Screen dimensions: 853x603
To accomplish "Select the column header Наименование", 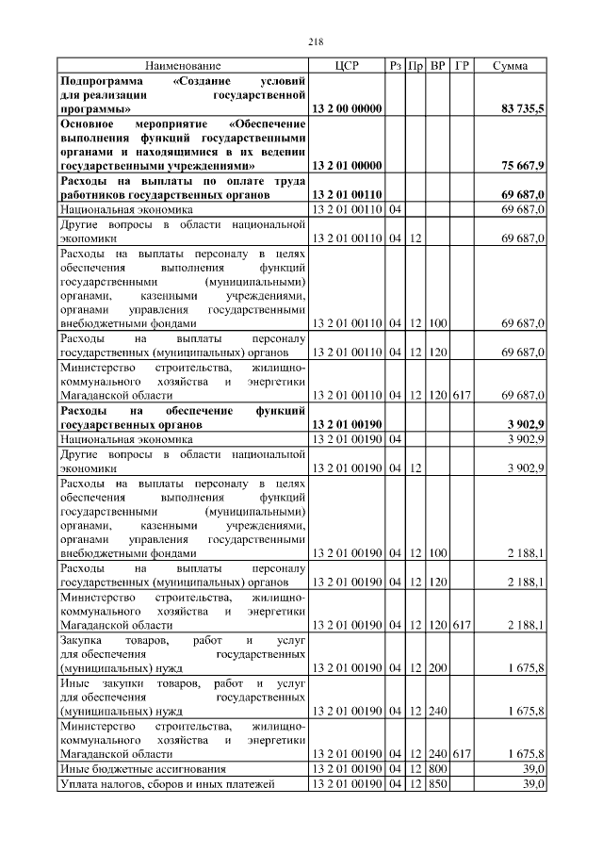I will coord(183,66).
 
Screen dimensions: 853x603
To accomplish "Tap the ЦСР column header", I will coord(347,66).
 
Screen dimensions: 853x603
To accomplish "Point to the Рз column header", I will coord(396,66).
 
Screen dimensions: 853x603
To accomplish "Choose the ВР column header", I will coord(438,66).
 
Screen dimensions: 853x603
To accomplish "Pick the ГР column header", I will coord(462,66).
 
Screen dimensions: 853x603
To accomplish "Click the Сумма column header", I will coord(510,66).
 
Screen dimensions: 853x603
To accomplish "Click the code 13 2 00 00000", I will coord(347,109).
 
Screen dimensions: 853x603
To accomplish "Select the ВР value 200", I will coord(438,668).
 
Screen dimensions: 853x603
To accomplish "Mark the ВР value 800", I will coord(438,769).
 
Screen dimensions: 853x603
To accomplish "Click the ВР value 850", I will coord(438,784).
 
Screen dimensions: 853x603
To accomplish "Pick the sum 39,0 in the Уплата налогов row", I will coord(533,784).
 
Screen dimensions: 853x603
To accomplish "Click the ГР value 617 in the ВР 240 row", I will coord(462,754).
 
